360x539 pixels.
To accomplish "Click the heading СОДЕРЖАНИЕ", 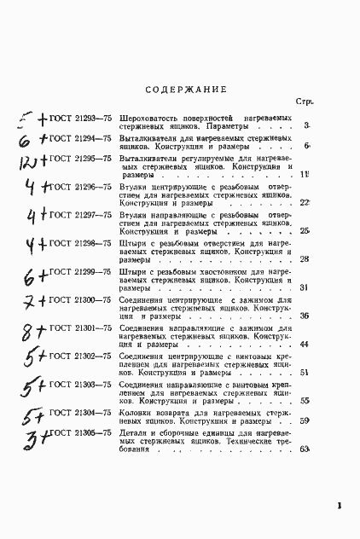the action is click(186, 89).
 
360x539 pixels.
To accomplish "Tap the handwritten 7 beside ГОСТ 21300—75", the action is click(28, 303).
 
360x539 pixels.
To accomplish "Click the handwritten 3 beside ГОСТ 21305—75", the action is click(26, 441).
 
